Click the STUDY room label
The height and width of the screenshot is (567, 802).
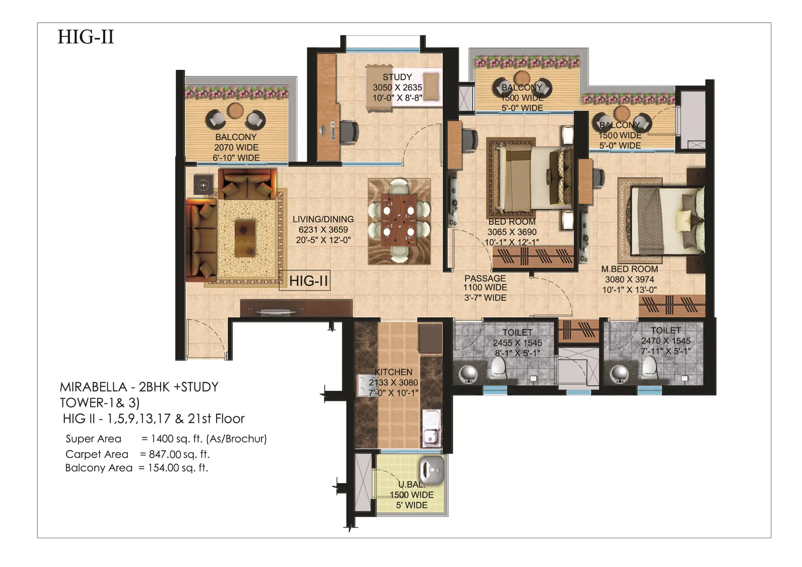pyautogui.click(x=397, y=77)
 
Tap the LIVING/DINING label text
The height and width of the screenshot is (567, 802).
pyautogui.click(x=323, y=219)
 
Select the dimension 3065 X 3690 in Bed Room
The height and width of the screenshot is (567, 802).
pyautogui.click(x=512, y=232)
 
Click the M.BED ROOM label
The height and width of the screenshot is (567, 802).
pyautogui.click(x=629, y=269)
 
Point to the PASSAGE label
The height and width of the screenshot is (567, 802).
pyautogui.click(x=485, y=278)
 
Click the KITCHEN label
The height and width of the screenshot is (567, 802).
pyautogui.click(x=393, y=372)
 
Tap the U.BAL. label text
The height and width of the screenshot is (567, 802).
pyautogui.click(x=411, y=484)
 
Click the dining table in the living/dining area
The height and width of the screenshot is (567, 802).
pyautogui.click(x=399, y=220)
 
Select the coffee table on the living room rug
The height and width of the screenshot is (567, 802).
pyautogui.click(x=245, y=238)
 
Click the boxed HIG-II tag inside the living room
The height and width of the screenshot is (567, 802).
pyautogui.click(x=308, y=280)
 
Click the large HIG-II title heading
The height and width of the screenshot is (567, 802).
pyautogui.click(x=86, y=37)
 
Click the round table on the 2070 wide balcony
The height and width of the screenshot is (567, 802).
pyautogui.click(x=235, y=110)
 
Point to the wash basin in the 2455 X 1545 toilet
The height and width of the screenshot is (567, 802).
pyautogui.click(x=467, y=373)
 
